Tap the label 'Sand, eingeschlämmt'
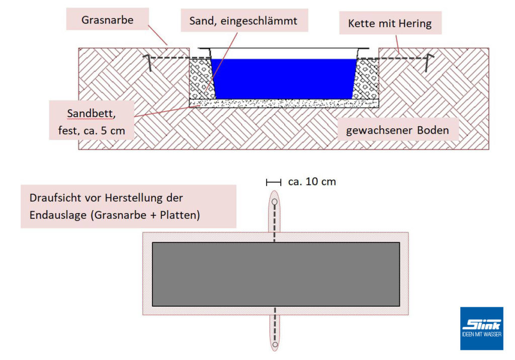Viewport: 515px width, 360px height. pos(243,21)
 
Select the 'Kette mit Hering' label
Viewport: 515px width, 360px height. pos(390,23)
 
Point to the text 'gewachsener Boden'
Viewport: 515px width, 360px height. pos(397,130)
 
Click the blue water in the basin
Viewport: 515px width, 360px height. pos(284,78)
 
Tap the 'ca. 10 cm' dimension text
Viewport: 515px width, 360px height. pos(312,182)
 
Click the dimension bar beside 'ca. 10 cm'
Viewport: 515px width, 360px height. pos(274,182)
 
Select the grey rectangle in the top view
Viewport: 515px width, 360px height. pos(276,274)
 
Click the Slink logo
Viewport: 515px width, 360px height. pos(481,328)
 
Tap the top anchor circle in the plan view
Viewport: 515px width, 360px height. pos(275,202)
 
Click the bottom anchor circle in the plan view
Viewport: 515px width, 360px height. pos(275,345)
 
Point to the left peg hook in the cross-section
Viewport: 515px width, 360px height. pos(147,62)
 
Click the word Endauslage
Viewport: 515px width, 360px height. pos(58,215)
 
